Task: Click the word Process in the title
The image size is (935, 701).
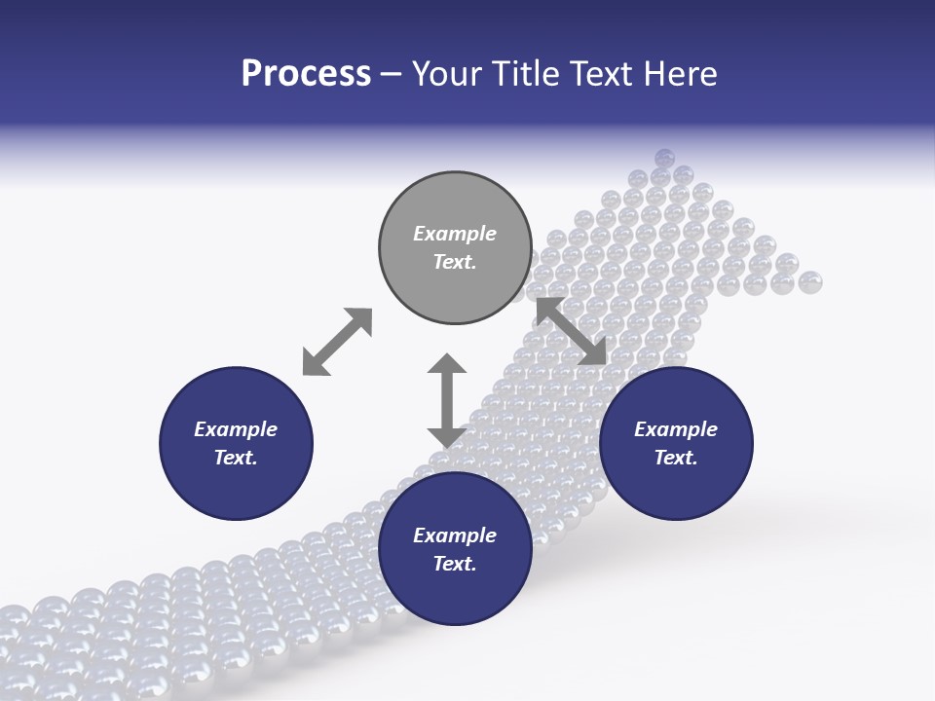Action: tap(306, 74)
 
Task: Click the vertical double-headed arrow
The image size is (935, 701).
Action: tap(447, 400)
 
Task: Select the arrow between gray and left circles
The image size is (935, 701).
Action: tap(337, 342)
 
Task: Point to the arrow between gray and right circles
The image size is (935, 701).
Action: tap(572, 332)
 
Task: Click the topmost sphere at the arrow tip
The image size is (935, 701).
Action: tap(664, 158)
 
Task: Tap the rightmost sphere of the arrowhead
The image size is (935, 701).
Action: tap(810, 282)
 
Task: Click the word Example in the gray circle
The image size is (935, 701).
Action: tap(455, 234)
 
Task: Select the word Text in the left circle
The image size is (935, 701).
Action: tap(236, 458)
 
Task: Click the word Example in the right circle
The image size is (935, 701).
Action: tap(676, 429)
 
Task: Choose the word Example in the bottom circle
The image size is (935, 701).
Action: tap(455, 535)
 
